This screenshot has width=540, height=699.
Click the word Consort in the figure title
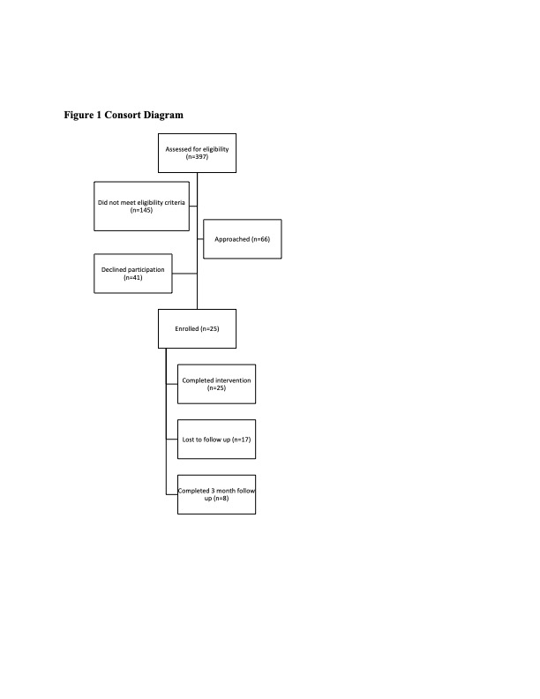pos(121,115)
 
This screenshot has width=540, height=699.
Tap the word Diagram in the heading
pos(162,116)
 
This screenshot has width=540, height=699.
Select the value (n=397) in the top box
pos(197,157)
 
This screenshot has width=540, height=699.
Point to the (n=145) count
pos(141,210)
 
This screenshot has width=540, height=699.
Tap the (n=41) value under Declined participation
pos(132,277)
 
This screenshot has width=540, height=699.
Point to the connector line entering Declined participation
pos(184,274)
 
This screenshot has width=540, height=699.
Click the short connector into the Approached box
pos(200,239)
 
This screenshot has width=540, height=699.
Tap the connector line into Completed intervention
pos(172,384)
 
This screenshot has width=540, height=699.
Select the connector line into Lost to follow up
pos(172,440)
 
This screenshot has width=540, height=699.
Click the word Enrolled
pos(187,328)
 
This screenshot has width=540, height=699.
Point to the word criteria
pos(173,202)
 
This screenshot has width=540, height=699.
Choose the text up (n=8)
pos(216,499)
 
